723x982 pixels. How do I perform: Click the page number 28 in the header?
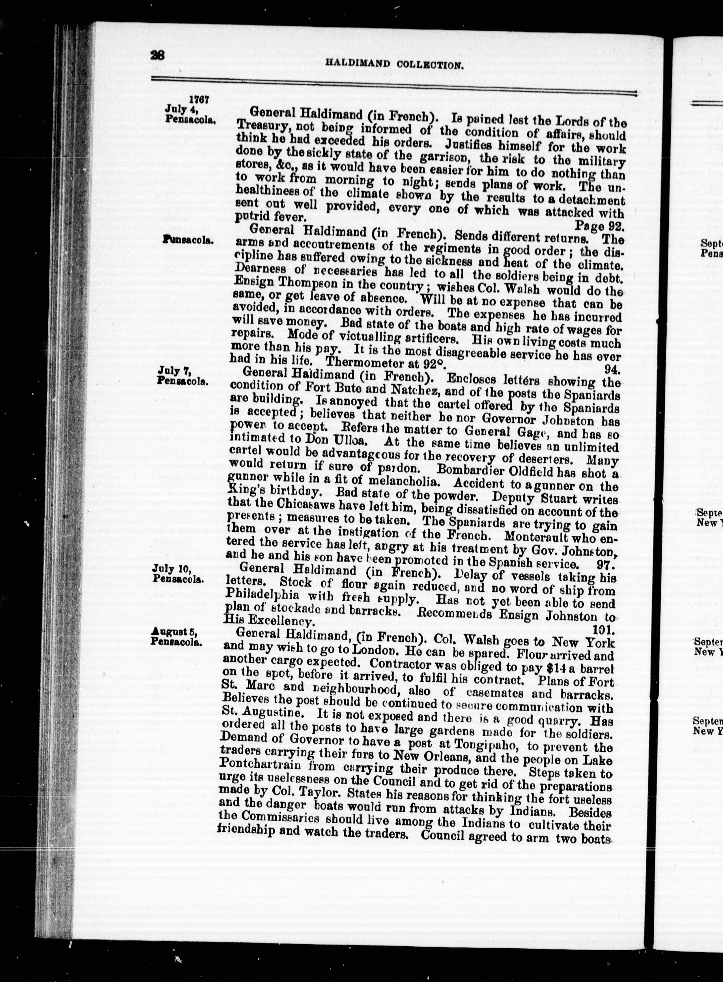[157, 55]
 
